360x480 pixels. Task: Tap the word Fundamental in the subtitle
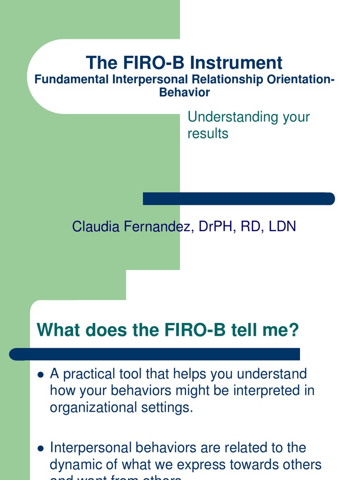(72, 80)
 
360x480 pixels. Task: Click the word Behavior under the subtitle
(184, 92)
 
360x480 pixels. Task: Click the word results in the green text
(208, 134)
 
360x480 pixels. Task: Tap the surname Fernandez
(153, 227)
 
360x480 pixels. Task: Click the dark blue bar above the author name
(239, 199)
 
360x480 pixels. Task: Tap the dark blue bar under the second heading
(155, 354)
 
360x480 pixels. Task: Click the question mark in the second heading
(293, 330)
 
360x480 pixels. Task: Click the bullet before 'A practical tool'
(40, 375)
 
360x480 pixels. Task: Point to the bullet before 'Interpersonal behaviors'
(40, 448)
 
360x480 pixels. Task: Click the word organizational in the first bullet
(94, 408)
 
